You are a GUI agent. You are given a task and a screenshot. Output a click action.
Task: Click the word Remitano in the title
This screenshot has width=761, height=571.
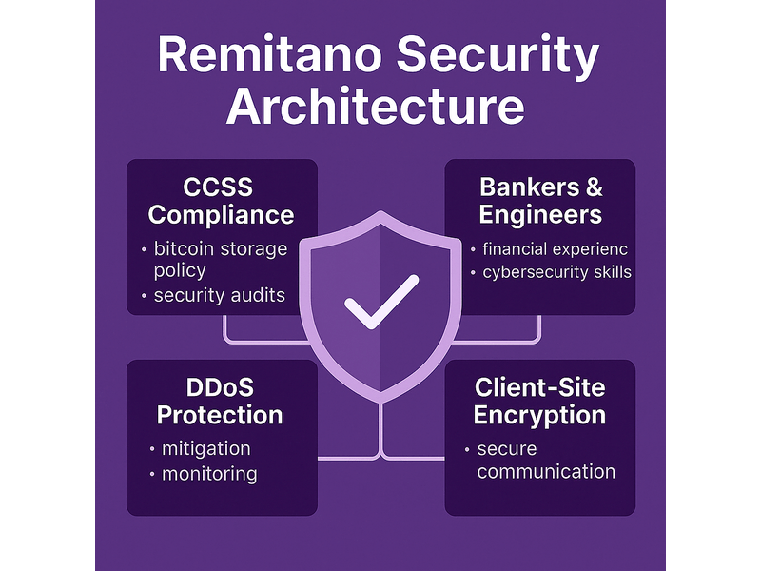point(269,55)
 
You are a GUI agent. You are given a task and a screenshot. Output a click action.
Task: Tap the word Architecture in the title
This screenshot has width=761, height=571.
point(375,106)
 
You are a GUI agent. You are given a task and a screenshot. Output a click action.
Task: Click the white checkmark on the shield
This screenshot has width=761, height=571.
point(381,302)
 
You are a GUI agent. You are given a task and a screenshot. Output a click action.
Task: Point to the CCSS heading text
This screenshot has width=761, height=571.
point(218,187)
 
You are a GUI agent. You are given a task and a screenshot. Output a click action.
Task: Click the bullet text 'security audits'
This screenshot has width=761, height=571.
point(220,295)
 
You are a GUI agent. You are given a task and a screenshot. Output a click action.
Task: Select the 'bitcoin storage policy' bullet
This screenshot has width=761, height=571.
point(221,259)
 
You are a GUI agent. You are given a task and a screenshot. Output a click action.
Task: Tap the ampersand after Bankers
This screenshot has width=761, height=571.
point(594,187)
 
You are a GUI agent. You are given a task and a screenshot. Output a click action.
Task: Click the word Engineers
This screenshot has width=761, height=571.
point(540,215)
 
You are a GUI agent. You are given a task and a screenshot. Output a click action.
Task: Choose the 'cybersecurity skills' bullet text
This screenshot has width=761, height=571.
point(556,272)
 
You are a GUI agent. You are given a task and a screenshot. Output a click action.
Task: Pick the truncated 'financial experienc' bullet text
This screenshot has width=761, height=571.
point(555,249)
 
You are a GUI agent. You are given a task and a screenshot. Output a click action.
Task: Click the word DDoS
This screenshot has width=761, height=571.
point(220,387)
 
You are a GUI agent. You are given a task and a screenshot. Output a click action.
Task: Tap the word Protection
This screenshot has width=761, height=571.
point(220,415)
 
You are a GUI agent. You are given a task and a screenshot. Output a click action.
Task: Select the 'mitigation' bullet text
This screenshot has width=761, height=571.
point(205,448)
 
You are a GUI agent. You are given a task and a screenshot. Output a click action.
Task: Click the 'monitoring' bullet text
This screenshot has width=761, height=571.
point(209,474)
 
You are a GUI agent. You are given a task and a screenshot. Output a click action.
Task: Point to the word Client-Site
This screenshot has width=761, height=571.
point(539,387)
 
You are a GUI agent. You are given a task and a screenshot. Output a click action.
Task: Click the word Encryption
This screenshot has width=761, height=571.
point(539,416)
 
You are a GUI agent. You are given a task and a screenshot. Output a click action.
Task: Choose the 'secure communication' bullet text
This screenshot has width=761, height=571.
point(546,461)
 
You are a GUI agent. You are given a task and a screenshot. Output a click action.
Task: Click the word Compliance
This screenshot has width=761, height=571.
point(221,215)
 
